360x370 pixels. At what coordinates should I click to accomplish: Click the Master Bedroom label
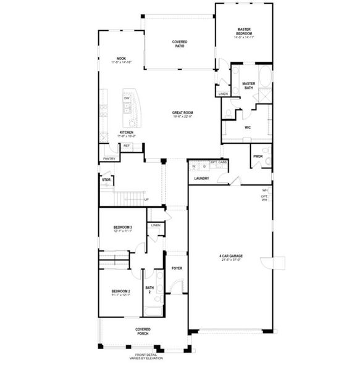tap(244, 33)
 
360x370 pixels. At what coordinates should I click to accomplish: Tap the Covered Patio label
tap(179, 43)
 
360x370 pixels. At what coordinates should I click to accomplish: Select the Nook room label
tap(121, 60)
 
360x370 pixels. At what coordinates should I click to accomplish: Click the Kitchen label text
tap(127, 134)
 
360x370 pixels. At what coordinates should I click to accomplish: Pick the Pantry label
tap(109, 158)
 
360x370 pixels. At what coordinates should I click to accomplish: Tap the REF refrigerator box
tap(127, 146)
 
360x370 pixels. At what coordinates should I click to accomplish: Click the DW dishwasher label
tap(127, 98)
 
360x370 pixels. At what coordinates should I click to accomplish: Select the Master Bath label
tap(249, 86)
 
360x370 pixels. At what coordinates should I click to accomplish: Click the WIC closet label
tap(247, 128)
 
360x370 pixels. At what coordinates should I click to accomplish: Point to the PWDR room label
tap(257, 156)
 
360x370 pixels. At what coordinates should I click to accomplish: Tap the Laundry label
tap(201, 178)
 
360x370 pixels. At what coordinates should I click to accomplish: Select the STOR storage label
tap(106, 180)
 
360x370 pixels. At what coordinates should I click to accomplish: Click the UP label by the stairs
tap(146, 199)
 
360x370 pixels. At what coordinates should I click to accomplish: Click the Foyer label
tap(177, 268)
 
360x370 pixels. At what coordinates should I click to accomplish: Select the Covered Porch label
tap(143, 331)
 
